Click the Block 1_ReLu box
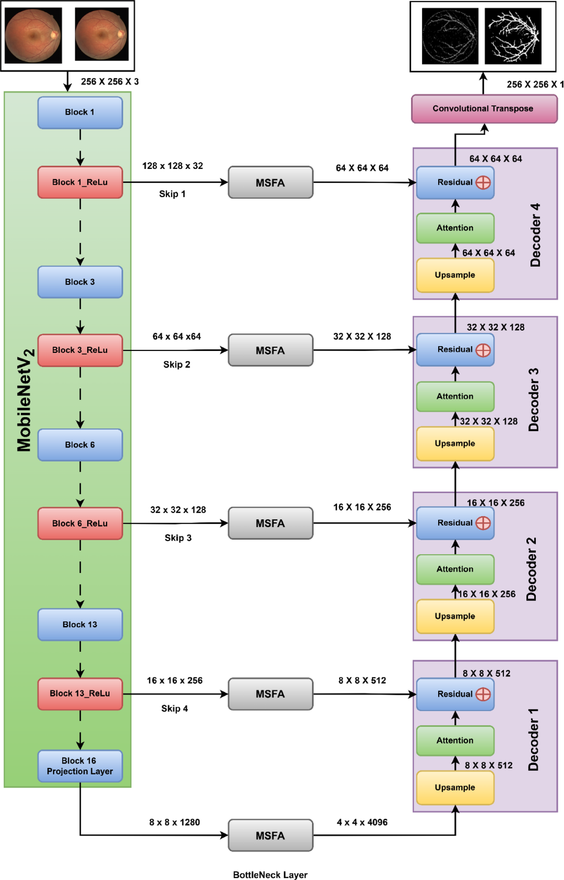pyautogui.click(x=80, y=182)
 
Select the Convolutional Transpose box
pyautogui.click(x=484, y=109)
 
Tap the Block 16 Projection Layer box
pyautogui.click(x=80, y=766)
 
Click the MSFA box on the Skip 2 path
pyautogui.click(x=270, y=350)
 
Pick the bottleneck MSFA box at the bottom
pyautogui.click(x=270, y=836)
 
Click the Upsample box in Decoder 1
pyautogui.click(x=455, y=787)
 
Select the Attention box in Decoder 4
pyautogui.click(x=455, y=228)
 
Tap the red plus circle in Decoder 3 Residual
pyautogui.click(x=483, y=350)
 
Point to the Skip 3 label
pyautogui.click(x=178, y=538)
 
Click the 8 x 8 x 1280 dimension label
pyautogui.click(x=174, y=822)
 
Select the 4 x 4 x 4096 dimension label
pyautogui.click(x=362, y=822)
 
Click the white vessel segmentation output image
pyautogui.click(x=513, y=36)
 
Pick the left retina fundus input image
pyautogui.click(x=33, y=35)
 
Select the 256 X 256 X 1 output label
pyautogui.click(x=535, y=84)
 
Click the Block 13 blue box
pyautogui.click(x=80, y=624)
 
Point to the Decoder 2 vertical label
pyautogui.click(x=531, y=569)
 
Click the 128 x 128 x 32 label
pyautogui.click(x=173, y=166)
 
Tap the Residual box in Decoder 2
pyautogui.click(x=455, y=523)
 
